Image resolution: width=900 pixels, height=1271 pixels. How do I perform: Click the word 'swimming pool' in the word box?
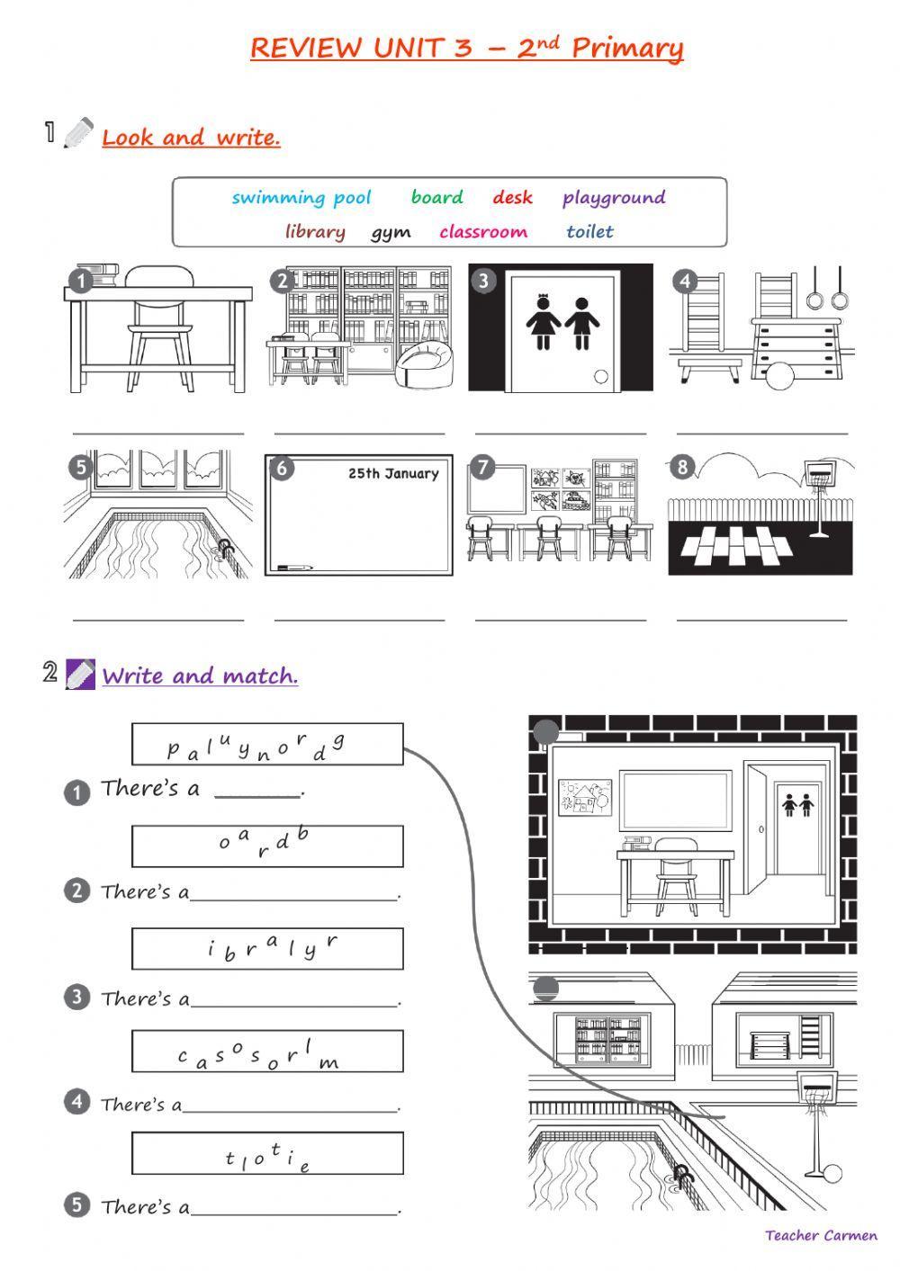[301, 198]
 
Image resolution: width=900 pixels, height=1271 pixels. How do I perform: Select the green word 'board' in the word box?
[436, 197]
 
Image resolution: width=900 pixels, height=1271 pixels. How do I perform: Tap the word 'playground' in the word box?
[614, 197]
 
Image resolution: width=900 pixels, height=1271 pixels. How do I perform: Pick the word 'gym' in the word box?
[391, 232]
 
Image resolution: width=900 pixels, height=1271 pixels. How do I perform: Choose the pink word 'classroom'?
[483, 232]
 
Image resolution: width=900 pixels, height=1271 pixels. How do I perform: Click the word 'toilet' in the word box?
[589, 232]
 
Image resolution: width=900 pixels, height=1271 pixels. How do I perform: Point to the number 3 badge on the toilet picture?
[483, 281]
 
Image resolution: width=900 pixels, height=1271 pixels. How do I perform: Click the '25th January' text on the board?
[393, 474]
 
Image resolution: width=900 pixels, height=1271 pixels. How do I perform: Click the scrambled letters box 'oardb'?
[267, 846]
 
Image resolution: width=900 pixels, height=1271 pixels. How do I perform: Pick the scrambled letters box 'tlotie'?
[267, 1153]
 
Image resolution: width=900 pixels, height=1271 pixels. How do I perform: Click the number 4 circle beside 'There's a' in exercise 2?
[77, 1102]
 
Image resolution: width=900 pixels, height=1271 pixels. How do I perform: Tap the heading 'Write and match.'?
[200, 676]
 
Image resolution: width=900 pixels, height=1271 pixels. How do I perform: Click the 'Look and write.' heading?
[191, 138]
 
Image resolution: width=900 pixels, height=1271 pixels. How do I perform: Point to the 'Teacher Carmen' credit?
[821, 1236]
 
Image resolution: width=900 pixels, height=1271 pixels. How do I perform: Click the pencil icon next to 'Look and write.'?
[79, 133]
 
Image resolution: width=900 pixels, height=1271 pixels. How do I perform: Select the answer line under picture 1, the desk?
[157, 432]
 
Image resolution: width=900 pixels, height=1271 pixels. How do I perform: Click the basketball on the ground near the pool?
[832, 1174]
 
